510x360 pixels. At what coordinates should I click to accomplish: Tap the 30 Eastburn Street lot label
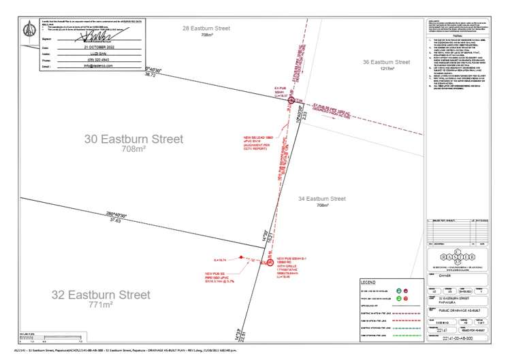click(133, 139)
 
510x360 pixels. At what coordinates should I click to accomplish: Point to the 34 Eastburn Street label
click(322, 199)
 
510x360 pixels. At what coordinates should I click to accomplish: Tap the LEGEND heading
click(368, 281)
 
